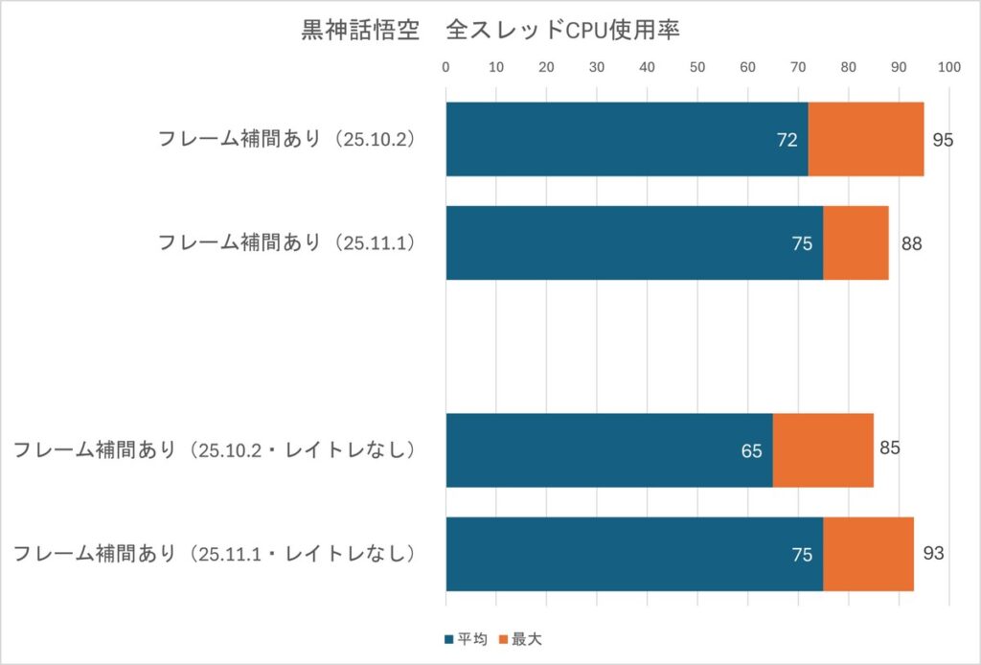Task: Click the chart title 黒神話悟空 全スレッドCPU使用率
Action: coord(490,32)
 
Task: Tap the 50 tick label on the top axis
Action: coord(697,68)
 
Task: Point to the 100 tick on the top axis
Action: coord(948,68)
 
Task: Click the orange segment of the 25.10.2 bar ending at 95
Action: coord(866,139)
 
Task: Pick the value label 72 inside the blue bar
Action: coord(787,140)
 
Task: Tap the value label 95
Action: coord(943,140)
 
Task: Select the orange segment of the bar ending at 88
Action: coord(856,243)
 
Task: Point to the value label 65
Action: coord(751,450)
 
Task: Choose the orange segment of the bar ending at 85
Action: coord(823,450)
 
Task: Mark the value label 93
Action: coord(933,554)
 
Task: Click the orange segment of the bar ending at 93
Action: coord(868,554)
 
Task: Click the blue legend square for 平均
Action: coord(448,638)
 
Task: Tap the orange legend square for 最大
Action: coord(505,638)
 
